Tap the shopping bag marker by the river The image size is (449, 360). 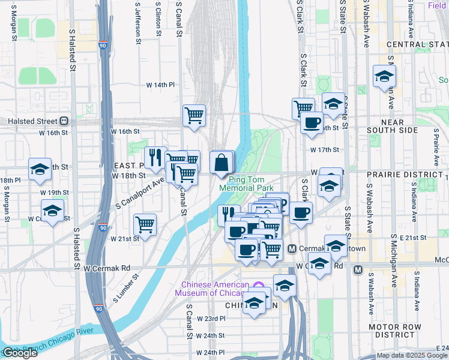(x=221, y=163)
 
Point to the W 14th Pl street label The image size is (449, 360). (x=160, y=85)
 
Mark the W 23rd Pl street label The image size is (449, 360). (x=211, y=318)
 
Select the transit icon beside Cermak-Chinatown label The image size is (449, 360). (x=292, y=249)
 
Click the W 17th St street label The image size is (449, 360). (x=325, y=150)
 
